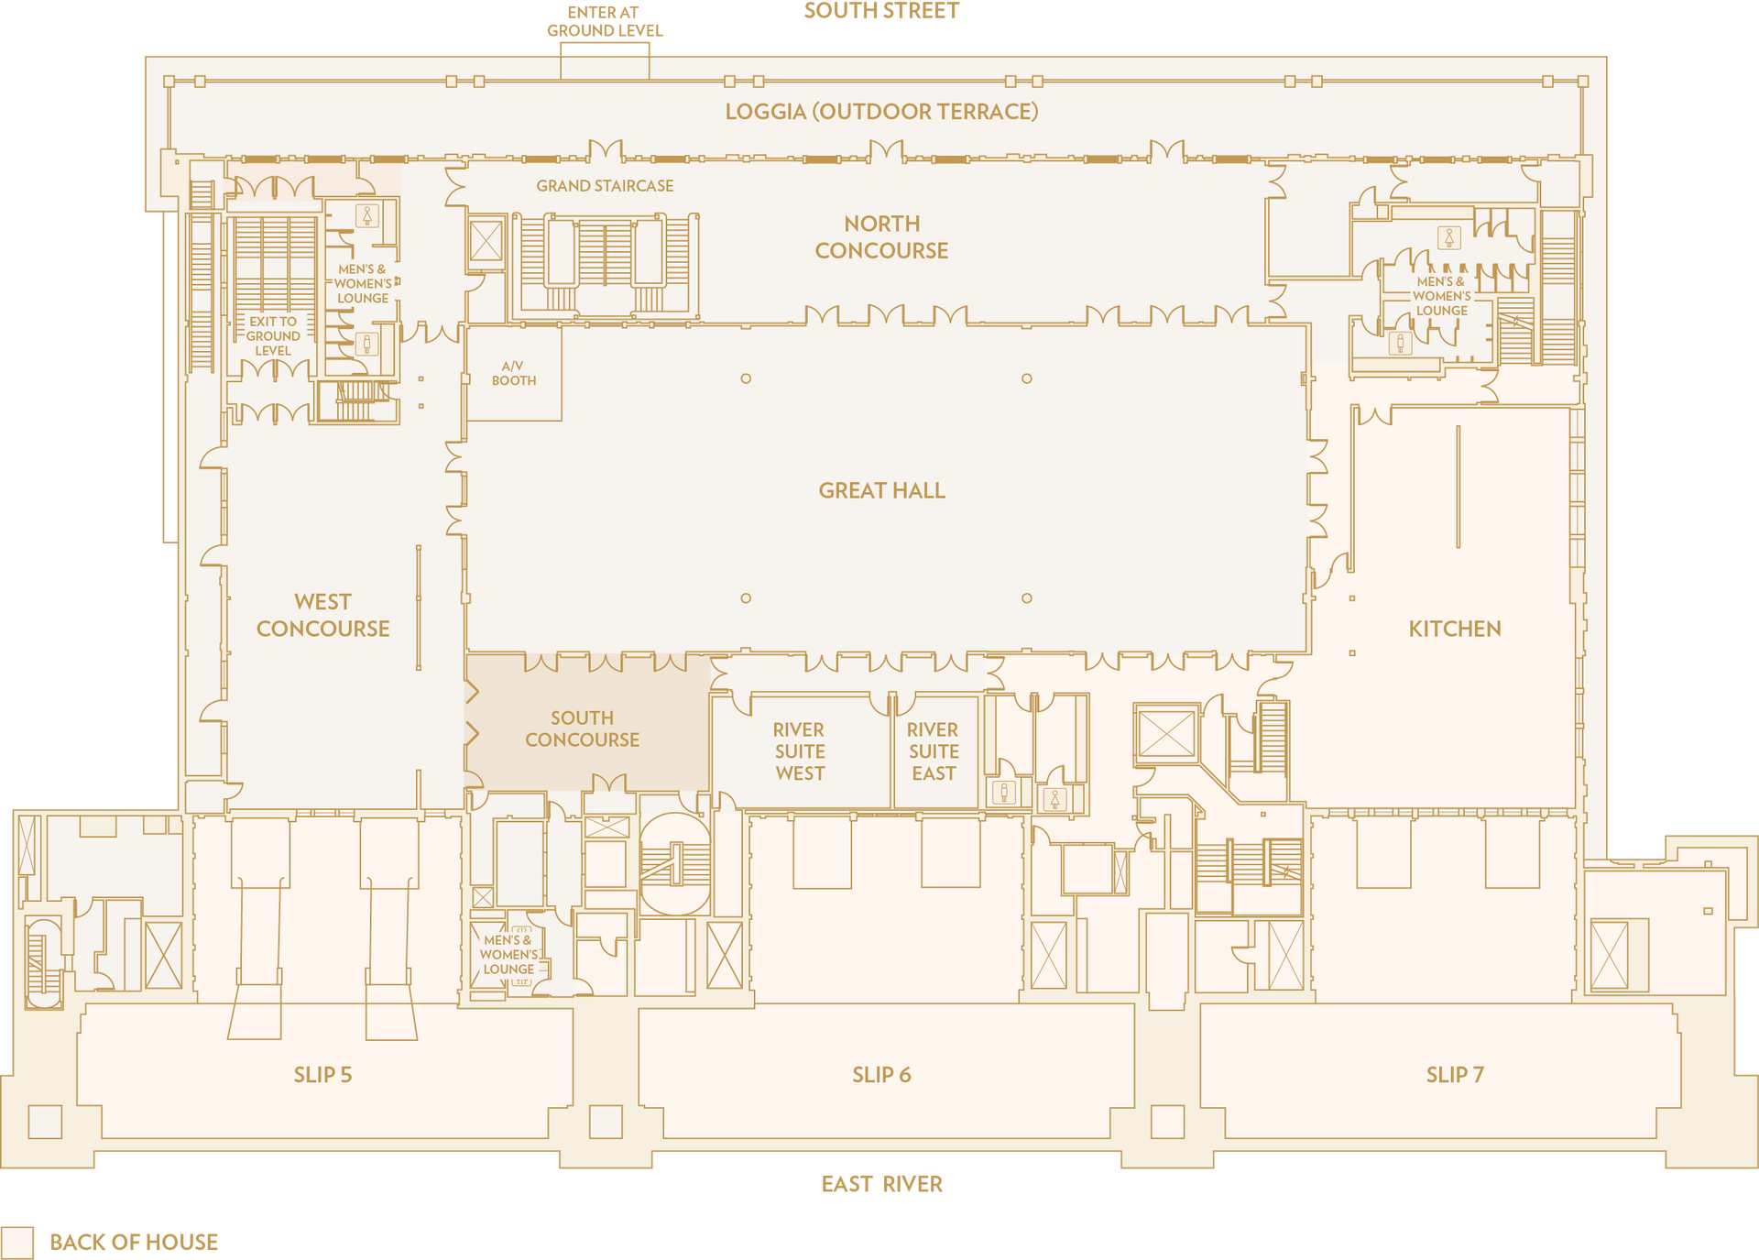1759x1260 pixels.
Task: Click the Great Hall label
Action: coord(881,491)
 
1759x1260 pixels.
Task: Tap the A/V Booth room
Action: coord(514,373)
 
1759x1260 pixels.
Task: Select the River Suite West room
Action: coord(801,752)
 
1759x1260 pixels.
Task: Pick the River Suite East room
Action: coord(934,752)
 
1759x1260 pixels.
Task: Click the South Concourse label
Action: coord(582,729)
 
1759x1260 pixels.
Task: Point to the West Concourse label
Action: coord(322,616)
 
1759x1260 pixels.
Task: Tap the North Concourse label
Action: coord(881,237)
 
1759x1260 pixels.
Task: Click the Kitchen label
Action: coord(1455,630)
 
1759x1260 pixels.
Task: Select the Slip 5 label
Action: coord(322,1075)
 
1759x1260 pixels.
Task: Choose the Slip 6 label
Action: coord(881,1075)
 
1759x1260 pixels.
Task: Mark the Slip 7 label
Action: coord(1455,1075)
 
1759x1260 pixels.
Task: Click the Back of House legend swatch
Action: coord(17,1243)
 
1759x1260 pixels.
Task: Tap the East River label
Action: coord(881,1185)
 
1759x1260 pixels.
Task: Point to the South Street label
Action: coord(881,11)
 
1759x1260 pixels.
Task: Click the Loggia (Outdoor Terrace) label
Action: coord(881,112)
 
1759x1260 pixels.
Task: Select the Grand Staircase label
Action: coord(605,186)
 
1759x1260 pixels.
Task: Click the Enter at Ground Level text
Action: coord(605,22)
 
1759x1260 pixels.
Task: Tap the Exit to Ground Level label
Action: coord(273,336)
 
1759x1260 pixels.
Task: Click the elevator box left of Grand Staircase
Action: coord(486,242)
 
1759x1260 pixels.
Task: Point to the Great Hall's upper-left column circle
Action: coord(746,378)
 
